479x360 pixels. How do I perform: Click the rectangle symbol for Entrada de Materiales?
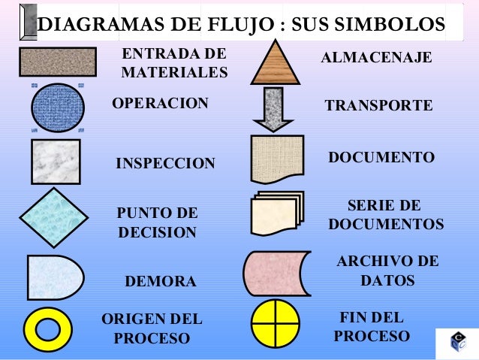[58, 62]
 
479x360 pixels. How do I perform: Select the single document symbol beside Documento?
[277, 159]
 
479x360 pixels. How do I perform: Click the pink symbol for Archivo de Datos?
[276, 273]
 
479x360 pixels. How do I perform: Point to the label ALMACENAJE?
[376, 58]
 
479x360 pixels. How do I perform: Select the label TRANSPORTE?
[378, 107]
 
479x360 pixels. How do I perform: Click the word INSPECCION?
[165, 164]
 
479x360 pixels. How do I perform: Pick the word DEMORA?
[159, 282]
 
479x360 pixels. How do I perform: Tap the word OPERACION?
[160, 103]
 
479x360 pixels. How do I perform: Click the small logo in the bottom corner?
[457, 343]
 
